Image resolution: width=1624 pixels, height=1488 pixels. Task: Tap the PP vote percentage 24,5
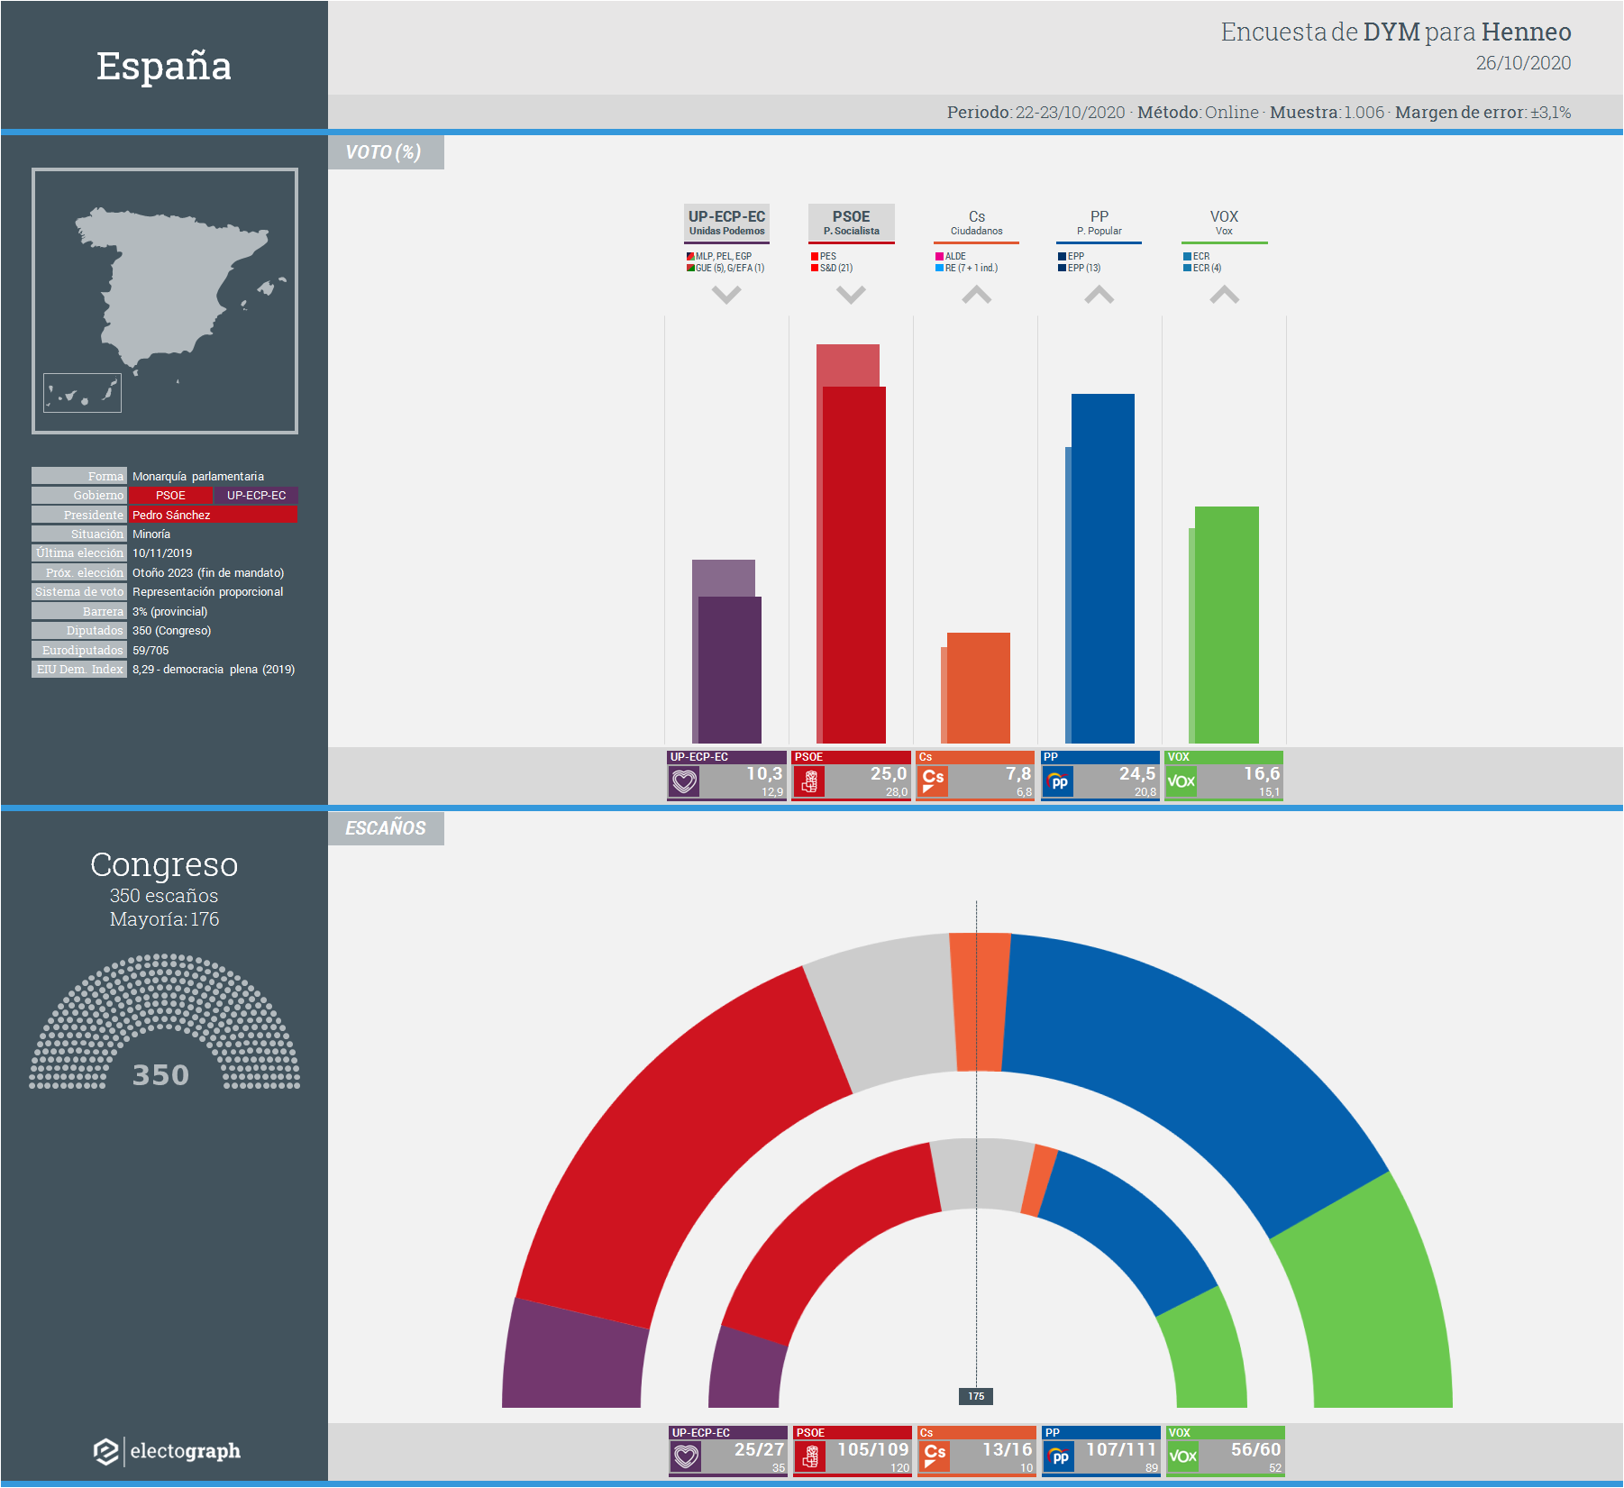(1136, 774)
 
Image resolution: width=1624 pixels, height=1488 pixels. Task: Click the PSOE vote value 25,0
(888, 774)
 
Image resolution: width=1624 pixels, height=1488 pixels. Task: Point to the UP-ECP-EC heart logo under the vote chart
(685, 781)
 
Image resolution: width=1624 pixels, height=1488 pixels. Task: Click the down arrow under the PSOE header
(851, 295)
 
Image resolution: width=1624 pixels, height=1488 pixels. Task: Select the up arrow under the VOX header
(1224, 295)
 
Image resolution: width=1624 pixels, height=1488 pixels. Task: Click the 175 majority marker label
(976, 1396)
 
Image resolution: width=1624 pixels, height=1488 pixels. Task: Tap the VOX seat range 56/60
(1255, 1449)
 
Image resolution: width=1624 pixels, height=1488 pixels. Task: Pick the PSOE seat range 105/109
(872, 1449)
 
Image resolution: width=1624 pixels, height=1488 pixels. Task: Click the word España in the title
(164, 66)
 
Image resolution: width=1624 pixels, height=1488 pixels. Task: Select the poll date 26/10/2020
(1523, 63)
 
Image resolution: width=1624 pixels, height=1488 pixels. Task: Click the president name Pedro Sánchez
(171, 515)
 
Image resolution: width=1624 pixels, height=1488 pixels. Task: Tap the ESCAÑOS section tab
(386, 828)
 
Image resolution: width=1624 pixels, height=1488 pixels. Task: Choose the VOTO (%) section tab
(384, 152)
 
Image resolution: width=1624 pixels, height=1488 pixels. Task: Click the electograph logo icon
(106, 1451)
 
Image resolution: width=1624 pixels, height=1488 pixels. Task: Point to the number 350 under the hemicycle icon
(160, 1074)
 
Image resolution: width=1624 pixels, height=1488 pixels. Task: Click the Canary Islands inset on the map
(82, 393)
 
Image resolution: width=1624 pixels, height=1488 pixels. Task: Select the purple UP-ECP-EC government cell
(256, 496)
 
